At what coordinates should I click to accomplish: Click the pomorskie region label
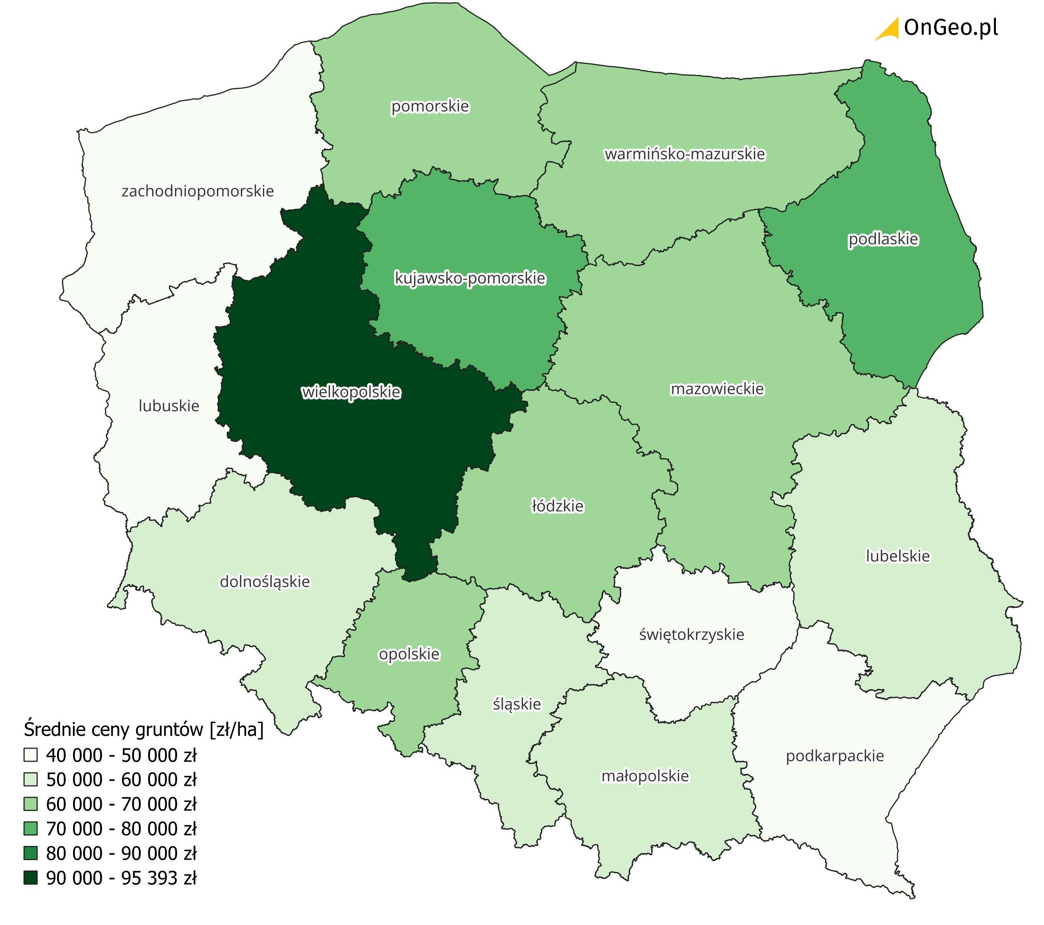(x=430, y=106)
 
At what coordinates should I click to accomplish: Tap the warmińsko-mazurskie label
(x=685, y=154)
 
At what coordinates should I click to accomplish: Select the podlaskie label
(x=883, y=239)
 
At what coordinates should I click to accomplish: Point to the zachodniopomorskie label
(x=198, y=191)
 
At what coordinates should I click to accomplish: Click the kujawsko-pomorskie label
(x=470, y=279)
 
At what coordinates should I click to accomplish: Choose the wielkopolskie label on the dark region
(x=351, y=392)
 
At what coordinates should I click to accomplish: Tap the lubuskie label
(x=169, y=406)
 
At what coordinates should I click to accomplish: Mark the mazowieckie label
(x=717, y=389)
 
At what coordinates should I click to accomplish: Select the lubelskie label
(x=897, y=556)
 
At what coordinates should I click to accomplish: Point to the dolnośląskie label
(x=265, y=581)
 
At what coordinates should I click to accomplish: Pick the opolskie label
(x=409, y=654)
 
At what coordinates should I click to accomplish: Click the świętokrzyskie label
(x=692, y=635)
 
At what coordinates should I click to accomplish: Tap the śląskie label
(x=516, y=704)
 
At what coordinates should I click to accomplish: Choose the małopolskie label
(x=645, y=776)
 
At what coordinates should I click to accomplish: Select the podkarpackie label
(x=834, y=756)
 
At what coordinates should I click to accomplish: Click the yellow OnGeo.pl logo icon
(x=888, y=29)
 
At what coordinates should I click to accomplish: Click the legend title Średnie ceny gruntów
(x=144, y=730)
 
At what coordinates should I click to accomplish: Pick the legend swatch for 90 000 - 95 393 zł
(x=31, y=878)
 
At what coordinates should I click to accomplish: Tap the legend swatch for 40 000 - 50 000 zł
(x=31, y=755)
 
